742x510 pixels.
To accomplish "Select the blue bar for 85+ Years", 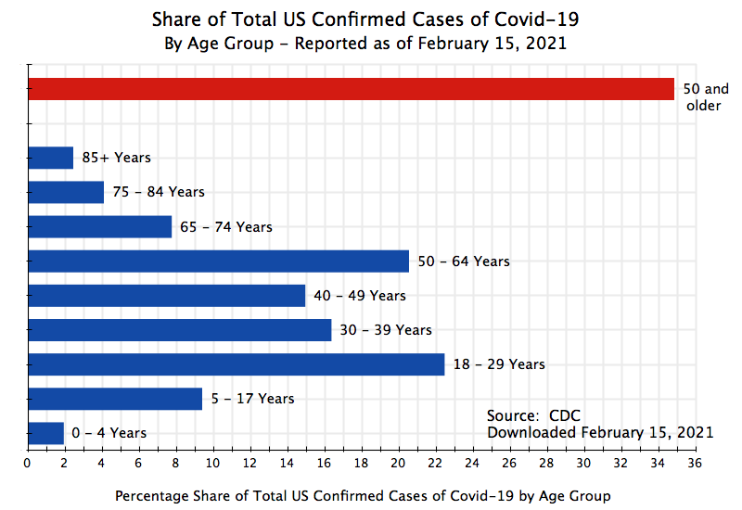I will pyautogui.click(x=51, y=158).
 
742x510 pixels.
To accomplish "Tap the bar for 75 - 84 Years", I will pyautogui.click(x=66, y=192).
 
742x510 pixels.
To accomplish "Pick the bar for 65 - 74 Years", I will pyautogui.click(x=100, y=226).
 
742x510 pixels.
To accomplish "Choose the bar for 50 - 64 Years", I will pyautogui.click(x=219, y=261).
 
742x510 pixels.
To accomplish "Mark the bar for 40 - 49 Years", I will pyautogui.click(x=167, y=295).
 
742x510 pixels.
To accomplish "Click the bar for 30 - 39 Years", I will pyautogui.click(x=180, y=329).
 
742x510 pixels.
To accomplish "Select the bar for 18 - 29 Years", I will pyautogui.click(x=237, y=364).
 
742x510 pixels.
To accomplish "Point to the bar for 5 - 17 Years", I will pyautogui.click(x=115, y=399).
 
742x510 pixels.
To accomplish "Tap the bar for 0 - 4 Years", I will pyautogui.click(x=46, y=433).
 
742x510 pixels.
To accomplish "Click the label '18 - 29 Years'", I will pyautogui.click(x=499, y=364).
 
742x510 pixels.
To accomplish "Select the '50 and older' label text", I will pyautogui.click(x=705, y=97).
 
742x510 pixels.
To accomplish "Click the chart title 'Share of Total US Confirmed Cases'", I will pyautogui.click(x=371, y=19).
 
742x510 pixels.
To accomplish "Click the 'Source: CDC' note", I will pyautogui.click(x=533, y=415).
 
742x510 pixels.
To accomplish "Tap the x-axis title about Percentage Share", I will pyautogui.click(x=363, y=495).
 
